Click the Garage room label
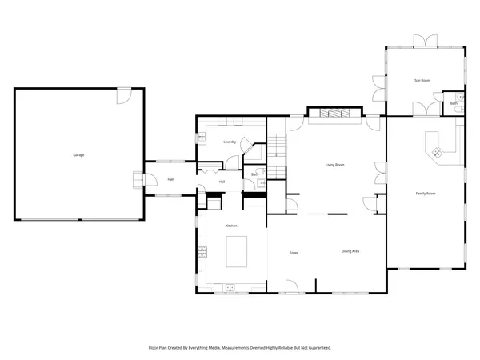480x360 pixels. point(78,154)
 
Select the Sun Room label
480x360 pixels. point(422,81)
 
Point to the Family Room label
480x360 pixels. point(425,194)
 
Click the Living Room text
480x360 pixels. point(334,165)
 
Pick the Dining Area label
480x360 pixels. point(350,251)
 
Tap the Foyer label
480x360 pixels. point(294,253)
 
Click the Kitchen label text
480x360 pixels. point(231,226)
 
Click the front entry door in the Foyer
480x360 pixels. point(291,286)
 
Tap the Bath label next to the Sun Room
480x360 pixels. point(454,103)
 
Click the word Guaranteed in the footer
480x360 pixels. point(318,348)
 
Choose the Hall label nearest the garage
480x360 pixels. point(170,179)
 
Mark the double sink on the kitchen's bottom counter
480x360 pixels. point(230,286)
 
